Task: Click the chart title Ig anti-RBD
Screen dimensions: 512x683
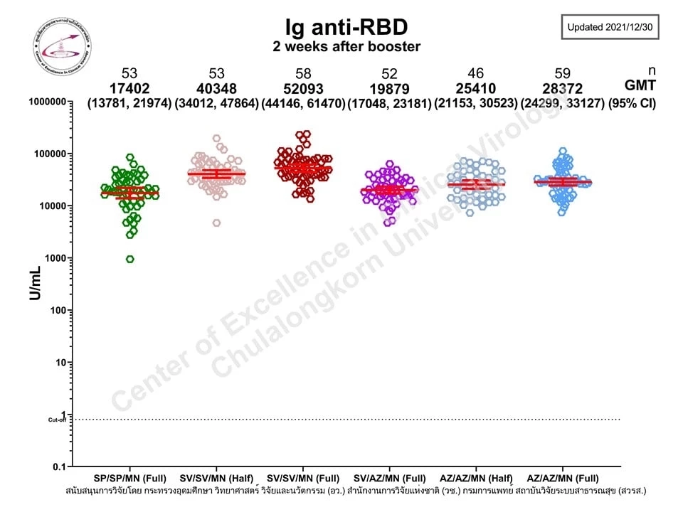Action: pyautogui.click(x=346, y=27)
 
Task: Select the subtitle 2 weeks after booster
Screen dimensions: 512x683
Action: pyautogui.click(x=346, y=47)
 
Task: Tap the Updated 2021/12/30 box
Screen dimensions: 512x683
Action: pyautogui.click(x=611, y=27)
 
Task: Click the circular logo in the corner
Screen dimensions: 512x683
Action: pyautogui.click(x=63, y=47)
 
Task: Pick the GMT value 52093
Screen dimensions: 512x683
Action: pyautogui.click(x=302, y=88)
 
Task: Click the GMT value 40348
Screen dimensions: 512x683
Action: pyautogui.click(x=217, y=88)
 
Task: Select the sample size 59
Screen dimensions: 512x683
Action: pyautogui.click(x=562, y=74)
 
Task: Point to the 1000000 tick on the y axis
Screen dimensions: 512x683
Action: pyautogui.click(x=45, y=102)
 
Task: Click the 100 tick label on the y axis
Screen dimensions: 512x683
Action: pyautogui.click(x=56, y=310)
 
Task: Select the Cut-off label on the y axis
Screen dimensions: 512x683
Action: pyautogui.click(x=56, y=420)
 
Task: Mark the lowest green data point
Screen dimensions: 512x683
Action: pyautogui.click(x=130, y=259)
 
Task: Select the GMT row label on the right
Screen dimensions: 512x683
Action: pyautogui.click(x=640, y=87)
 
